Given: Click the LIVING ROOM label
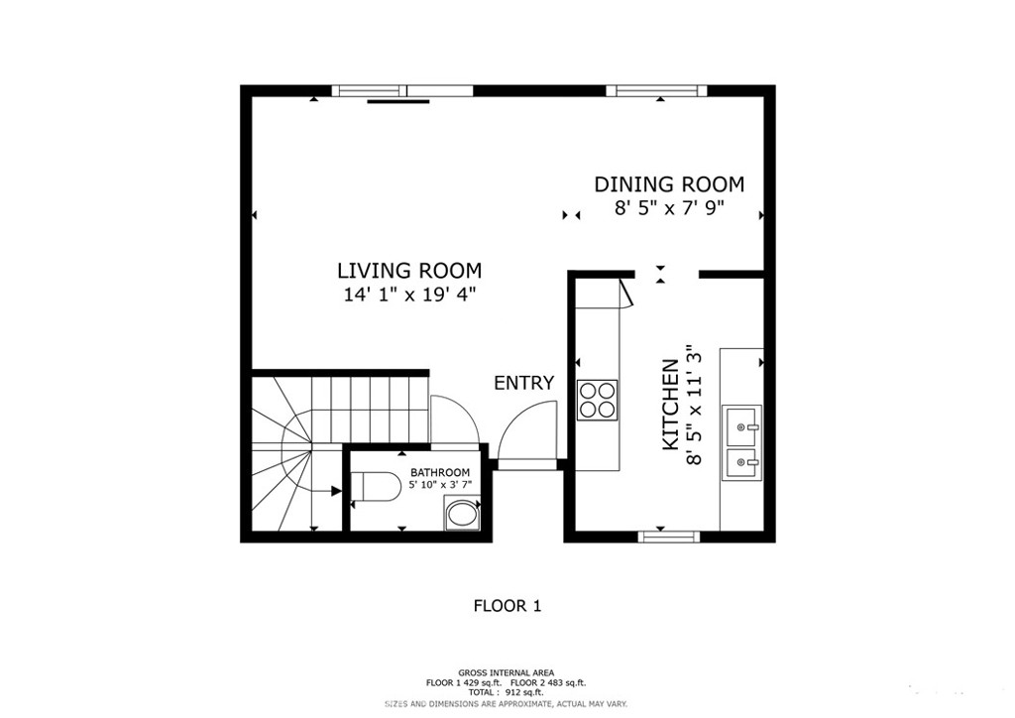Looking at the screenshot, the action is click(x=409, y=270).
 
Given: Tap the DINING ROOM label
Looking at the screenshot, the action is click(x=669, y=184).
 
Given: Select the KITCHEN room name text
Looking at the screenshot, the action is click(x=670, y=405).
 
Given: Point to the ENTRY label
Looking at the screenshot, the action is click(x=523, y=383).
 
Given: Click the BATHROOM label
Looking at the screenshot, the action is click(x=439, y=473).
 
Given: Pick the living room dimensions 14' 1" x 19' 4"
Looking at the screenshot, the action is click(x=409, y=295).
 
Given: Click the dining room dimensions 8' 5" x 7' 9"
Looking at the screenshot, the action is click(x=669, y=208).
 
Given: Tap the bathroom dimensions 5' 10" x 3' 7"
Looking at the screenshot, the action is click(x=440, y=484).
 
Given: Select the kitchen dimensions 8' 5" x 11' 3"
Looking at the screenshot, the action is click(x=694, y=405).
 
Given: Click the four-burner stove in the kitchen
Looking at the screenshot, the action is click(x=598, y=400).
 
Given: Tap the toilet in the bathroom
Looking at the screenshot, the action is click(x=376, y=487).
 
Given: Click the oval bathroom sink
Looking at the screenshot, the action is click(x=462, y=516).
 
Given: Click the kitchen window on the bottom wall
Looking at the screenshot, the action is click(x=669, y=536).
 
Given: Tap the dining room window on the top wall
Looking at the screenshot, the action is click(x=656, y=90).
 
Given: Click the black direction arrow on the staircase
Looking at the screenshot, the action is click(x=336, y=492).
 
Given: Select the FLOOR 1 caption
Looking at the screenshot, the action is click(x=507, y=606).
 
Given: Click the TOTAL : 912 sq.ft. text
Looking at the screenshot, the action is click(x=507, y=692).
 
